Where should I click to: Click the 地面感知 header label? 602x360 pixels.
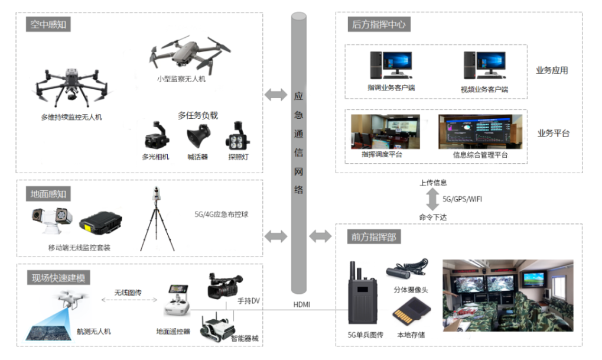click(49, 193)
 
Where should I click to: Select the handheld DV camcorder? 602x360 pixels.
click(224, 286)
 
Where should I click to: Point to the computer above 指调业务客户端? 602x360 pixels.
click(391, 65)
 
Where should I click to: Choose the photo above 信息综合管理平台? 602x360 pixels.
click(480, 132)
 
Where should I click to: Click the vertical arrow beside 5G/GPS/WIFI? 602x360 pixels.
click(432, 199)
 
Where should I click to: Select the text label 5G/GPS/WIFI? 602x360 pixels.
click(462, 199)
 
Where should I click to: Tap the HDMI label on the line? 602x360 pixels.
click(301, 305)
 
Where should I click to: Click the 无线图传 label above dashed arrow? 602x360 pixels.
click(128, 293)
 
